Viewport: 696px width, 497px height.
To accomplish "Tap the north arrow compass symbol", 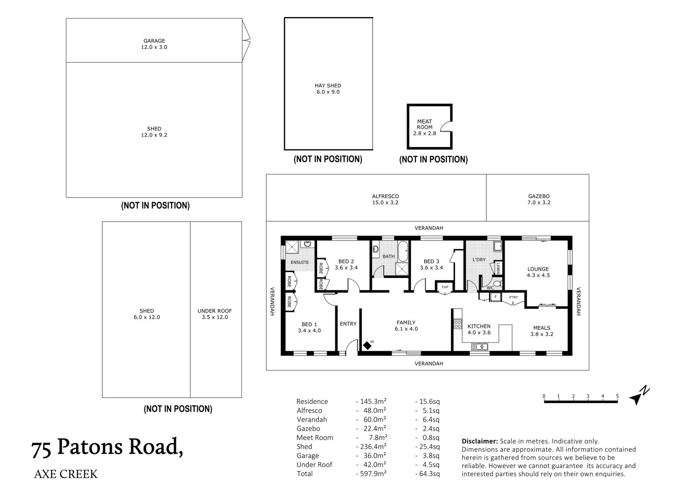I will click(638, 396).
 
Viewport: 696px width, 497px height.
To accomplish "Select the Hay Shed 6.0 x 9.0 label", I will click(328, 89).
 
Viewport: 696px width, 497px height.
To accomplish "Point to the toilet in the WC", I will click(499, 284).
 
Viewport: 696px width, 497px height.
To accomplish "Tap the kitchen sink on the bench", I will click(479, 346).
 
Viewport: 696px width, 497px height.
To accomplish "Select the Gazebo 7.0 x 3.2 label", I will click(539, 199).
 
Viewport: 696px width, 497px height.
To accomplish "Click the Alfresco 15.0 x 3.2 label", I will click(385, 199).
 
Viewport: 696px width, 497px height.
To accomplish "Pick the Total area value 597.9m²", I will click(371, 473).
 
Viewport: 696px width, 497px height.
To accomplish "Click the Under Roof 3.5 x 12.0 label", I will click(214, 314).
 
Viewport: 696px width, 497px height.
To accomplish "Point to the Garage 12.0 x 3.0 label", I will click(154, 44).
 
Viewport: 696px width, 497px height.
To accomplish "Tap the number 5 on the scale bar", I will click(617, 396).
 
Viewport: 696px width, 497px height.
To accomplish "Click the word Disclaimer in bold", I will click(479, 442).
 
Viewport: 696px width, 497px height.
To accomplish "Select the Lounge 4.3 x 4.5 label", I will click(538, 272).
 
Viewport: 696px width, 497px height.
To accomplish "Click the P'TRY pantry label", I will click(513, 297).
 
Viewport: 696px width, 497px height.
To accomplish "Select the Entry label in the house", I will click(348, 323).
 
